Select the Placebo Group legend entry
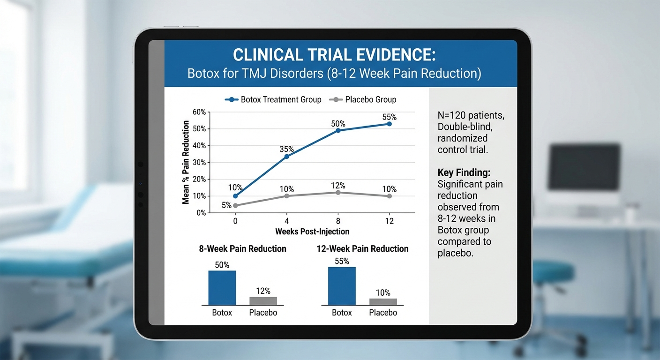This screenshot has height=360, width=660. (363, 99)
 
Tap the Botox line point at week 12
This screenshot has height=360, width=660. (389, 124)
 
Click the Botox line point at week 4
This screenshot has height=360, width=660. (286, 156)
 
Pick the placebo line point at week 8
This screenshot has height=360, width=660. (338, 193)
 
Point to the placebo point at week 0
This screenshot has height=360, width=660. (235, 205)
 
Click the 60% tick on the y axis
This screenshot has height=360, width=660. (199, 112)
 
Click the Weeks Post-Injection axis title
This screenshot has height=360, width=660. (312, 232)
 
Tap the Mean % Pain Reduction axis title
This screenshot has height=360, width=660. (186, 162)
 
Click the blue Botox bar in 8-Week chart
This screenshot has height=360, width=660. (222, 288)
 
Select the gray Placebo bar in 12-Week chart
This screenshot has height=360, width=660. (383, 302)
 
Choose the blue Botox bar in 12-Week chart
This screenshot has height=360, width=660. (342, 286)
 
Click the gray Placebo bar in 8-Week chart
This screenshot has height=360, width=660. (263, 301)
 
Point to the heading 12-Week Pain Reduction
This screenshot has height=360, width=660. (362, 249)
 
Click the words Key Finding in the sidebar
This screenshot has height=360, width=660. (464, 172)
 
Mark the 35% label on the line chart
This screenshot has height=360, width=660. (286, 149)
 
